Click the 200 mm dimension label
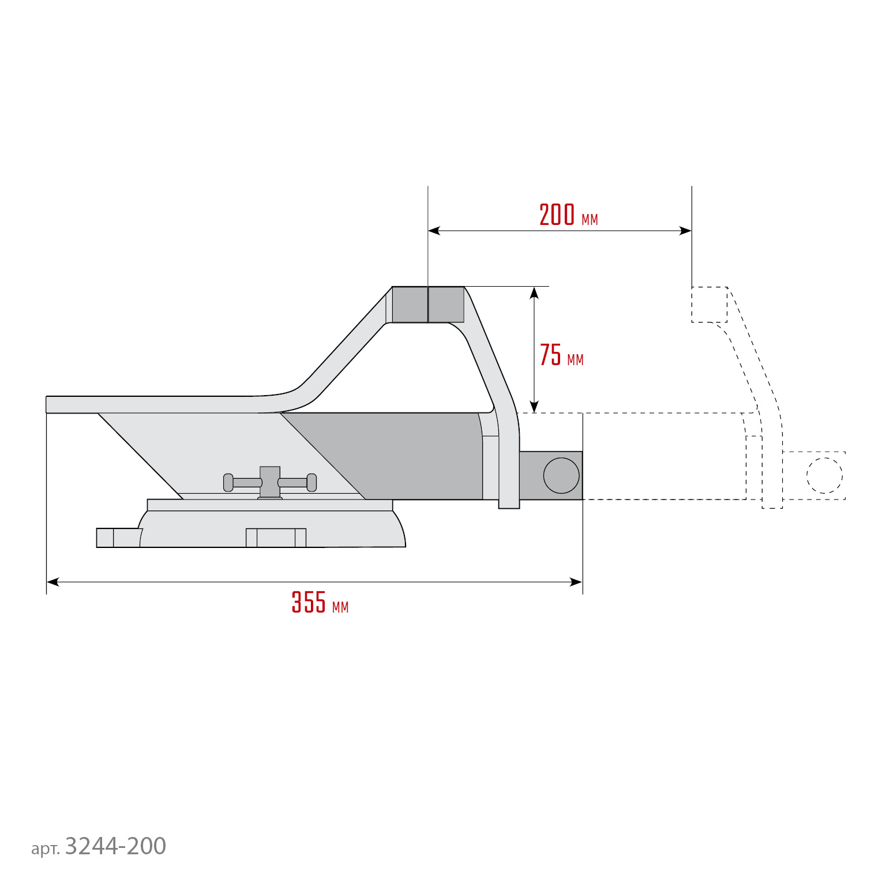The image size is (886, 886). [568, 215]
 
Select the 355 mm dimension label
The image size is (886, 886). [320, 602]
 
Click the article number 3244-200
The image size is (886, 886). [99, 846]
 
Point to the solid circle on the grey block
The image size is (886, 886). [561, 475]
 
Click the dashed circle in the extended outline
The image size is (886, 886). [824, 475]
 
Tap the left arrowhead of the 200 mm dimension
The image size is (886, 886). [434, 231]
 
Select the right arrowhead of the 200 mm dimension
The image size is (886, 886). [685, 231]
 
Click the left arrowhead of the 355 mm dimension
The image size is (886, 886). [52, 582]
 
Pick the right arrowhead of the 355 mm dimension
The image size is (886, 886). [576, 582]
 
